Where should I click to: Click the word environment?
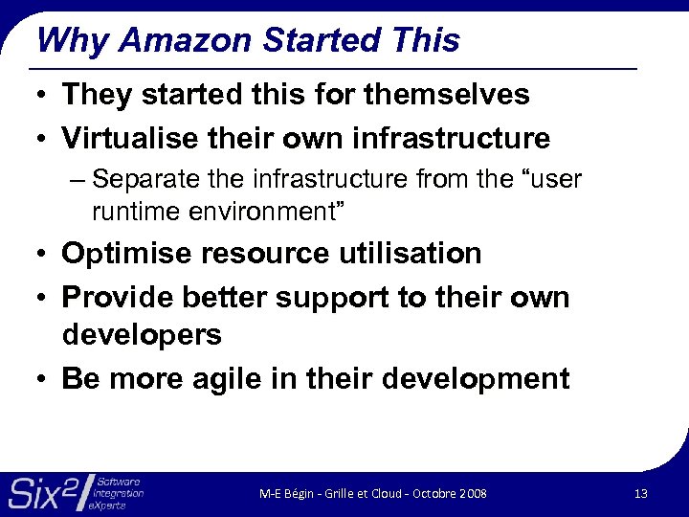point(263,209)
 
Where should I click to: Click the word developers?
point(142,335)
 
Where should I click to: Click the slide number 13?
point(641,493)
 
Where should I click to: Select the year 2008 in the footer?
point(472,493)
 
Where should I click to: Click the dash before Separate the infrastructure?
point(78,180)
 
